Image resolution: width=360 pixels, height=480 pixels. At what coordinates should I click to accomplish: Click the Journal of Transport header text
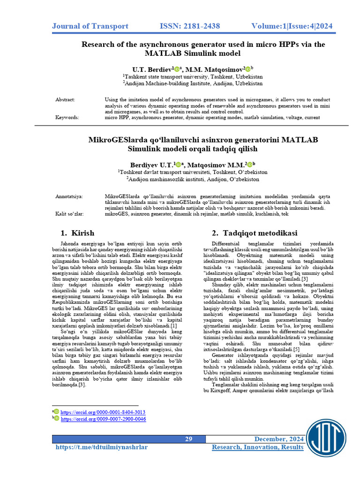pos(90,26)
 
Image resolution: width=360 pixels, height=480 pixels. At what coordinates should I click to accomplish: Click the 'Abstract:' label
pos(65,100)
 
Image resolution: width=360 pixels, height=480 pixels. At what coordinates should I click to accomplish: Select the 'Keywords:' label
pos(67,118)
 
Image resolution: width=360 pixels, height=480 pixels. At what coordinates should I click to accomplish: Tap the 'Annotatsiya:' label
pos(69,196)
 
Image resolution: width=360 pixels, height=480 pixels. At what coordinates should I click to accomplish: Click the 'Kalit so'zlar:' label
pos(70,214)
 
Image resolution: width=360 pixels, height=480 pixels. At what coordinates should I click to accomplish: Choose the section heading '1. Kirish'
pos(77,233)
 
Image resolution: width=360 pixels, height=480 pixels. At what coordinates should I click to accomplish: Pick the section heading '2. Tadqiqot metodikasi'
pos(254,233)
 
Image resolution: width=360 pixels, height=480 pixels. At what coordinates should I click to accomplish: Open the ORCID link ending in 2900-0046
pos(103,419)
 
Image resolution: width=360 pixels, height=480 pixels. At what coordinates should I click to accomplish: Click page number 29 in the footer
pos(188,439)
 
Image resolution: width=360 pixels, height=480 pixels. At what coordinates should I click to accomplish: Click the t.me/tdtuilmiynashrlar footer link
pos(101,448)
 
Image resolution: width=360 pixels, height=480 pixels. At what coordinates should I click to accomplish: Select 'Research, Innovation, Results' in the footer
pos(257,448)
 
